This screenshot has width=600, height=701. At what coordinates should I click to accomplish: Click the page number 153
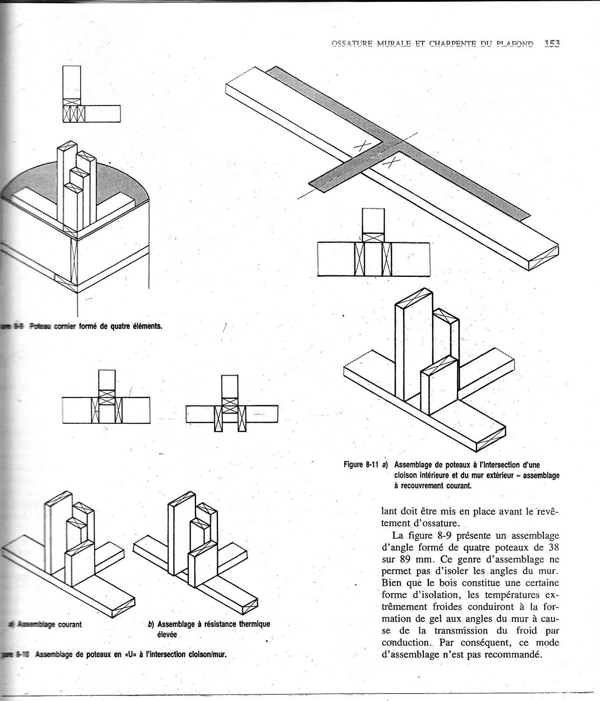click(x=552, y=44)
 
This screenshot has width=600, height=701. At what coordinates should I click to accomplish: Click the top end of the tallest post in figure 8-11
click(x=414, y=297)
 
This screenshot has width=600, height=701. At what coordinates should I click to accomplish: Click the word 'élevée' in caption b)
click(x=167, y=634)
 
